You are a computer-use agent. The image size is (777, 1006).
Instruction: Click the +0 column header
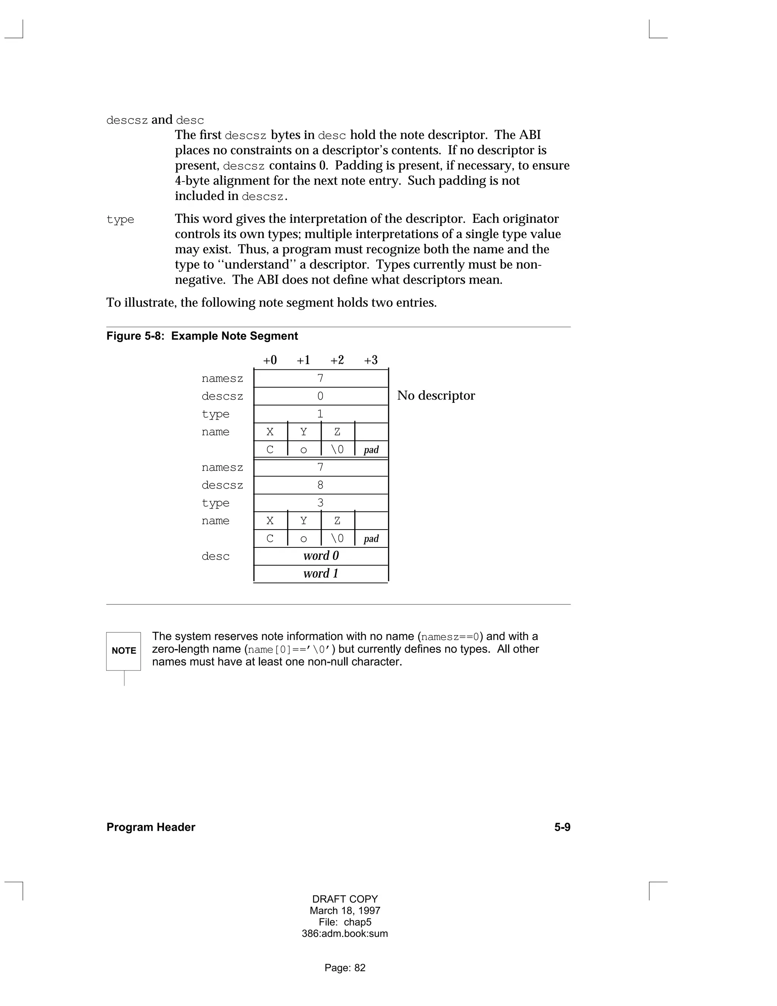pos(270,360)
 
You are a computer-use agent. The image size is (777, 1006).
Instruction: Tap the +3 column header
pos(371,360)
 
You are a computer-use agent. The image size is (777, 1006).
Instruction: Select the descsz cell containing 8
pos(321,485)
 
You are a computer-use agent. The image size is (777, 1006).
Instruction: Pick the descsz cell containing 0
pos(321,396)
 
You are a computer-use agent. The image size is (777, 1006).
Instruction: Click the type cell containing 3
pos(321,503)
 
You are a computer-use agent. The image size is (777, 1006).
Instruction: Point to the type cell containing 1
pos(321,414)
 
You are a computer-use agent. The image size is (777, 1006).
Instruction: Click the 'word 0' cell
pos(321,556)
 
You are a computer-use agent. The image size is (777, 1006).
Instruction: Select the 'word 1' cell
pos(321,574)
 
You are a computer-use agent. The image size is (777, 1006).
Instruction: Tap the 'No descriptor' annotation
pos(436,396)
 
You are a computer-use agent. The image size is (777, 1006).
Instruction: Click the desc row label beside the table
pos(215,557)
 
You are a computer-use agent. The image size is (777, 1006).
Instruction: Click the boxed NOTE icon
pos(123,651)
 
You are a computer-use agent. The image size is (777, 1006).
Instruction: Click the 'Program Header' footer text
pos(151,827)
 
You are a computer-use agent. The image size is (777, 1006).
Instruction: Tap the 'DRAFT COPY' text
pos(345,899)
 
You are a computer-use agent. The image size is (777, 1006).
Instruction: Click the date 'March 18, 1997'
pos(345,911)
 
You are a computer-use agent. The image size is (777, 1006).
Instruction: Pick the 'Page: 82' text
pos(345,968)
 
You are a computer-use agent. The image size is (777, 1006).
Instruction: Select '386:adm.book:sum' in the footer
pos(345,934)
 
